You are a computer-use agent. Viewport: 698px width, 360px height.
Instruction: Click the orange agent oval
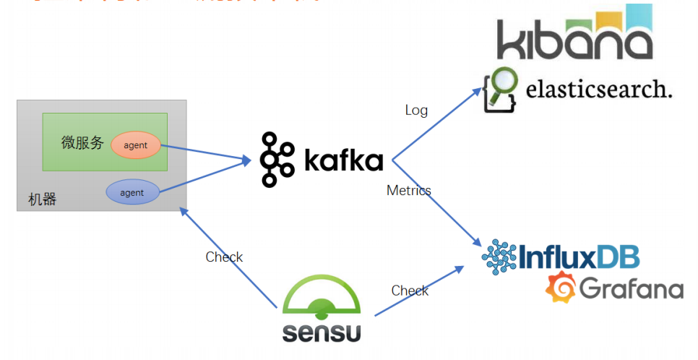click(x=135, y=145)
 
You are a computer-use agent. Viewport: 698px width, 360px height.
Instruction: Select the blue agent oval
click(x=132, y=192)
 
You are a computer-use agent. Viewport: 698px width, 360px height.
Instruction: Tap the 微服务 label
click(x=83, y=142)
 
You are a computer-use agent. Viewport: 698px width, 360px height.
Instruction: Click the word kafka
click(x=343, y=160)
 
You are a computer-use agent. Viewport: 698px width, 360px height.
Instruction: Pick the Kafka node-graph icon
click(x=277, y=159)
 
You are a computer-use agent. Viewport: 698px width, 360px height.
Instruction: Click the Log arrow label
click(x=416, y=110)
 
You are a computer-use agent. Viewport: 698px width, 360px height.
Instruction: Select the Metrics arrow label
click(x=408, y=190)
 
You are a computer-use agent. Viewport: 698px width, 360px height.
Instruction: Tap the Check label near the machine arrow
click(x=224, y=257)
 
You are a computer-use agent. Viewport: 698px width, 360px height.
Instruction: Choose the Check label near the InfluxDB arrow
click(x=410, y=290)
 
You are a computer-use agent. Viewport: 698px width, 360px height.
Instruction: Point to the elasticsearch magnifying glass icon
click(x=499, y=88)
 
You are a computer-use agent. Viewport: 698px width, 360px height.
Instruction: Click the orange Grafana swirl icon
click(x=559, y=288)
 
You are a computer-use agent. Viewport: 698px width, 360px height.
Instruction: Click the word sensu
click(x=321, y=333)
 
